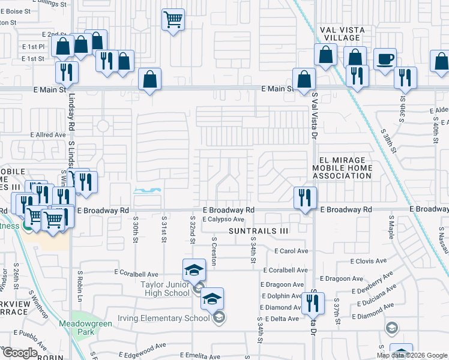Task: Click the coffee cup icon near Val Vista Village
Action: coord(385,59)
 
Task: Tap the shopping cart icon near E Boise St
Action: coord(173,19)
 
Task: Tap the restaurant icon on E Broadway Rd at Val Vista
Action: coord(305,197)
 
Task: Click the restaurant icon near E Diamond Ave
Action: coord(313,303)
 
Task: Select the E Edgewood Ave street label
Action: coord(142,346)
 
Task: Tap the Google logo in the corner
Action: coord(20,353)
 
